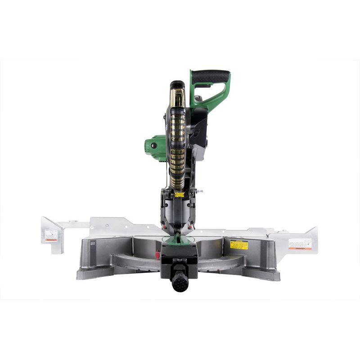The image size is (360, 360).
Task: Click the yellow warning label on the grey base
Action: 238,245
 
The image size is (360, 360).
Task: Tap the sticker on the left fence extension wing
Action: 51,235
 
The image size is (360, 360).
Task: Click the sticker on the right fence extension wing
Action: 300,243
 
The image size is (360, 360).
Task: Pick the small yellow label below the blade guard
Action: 179,194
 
